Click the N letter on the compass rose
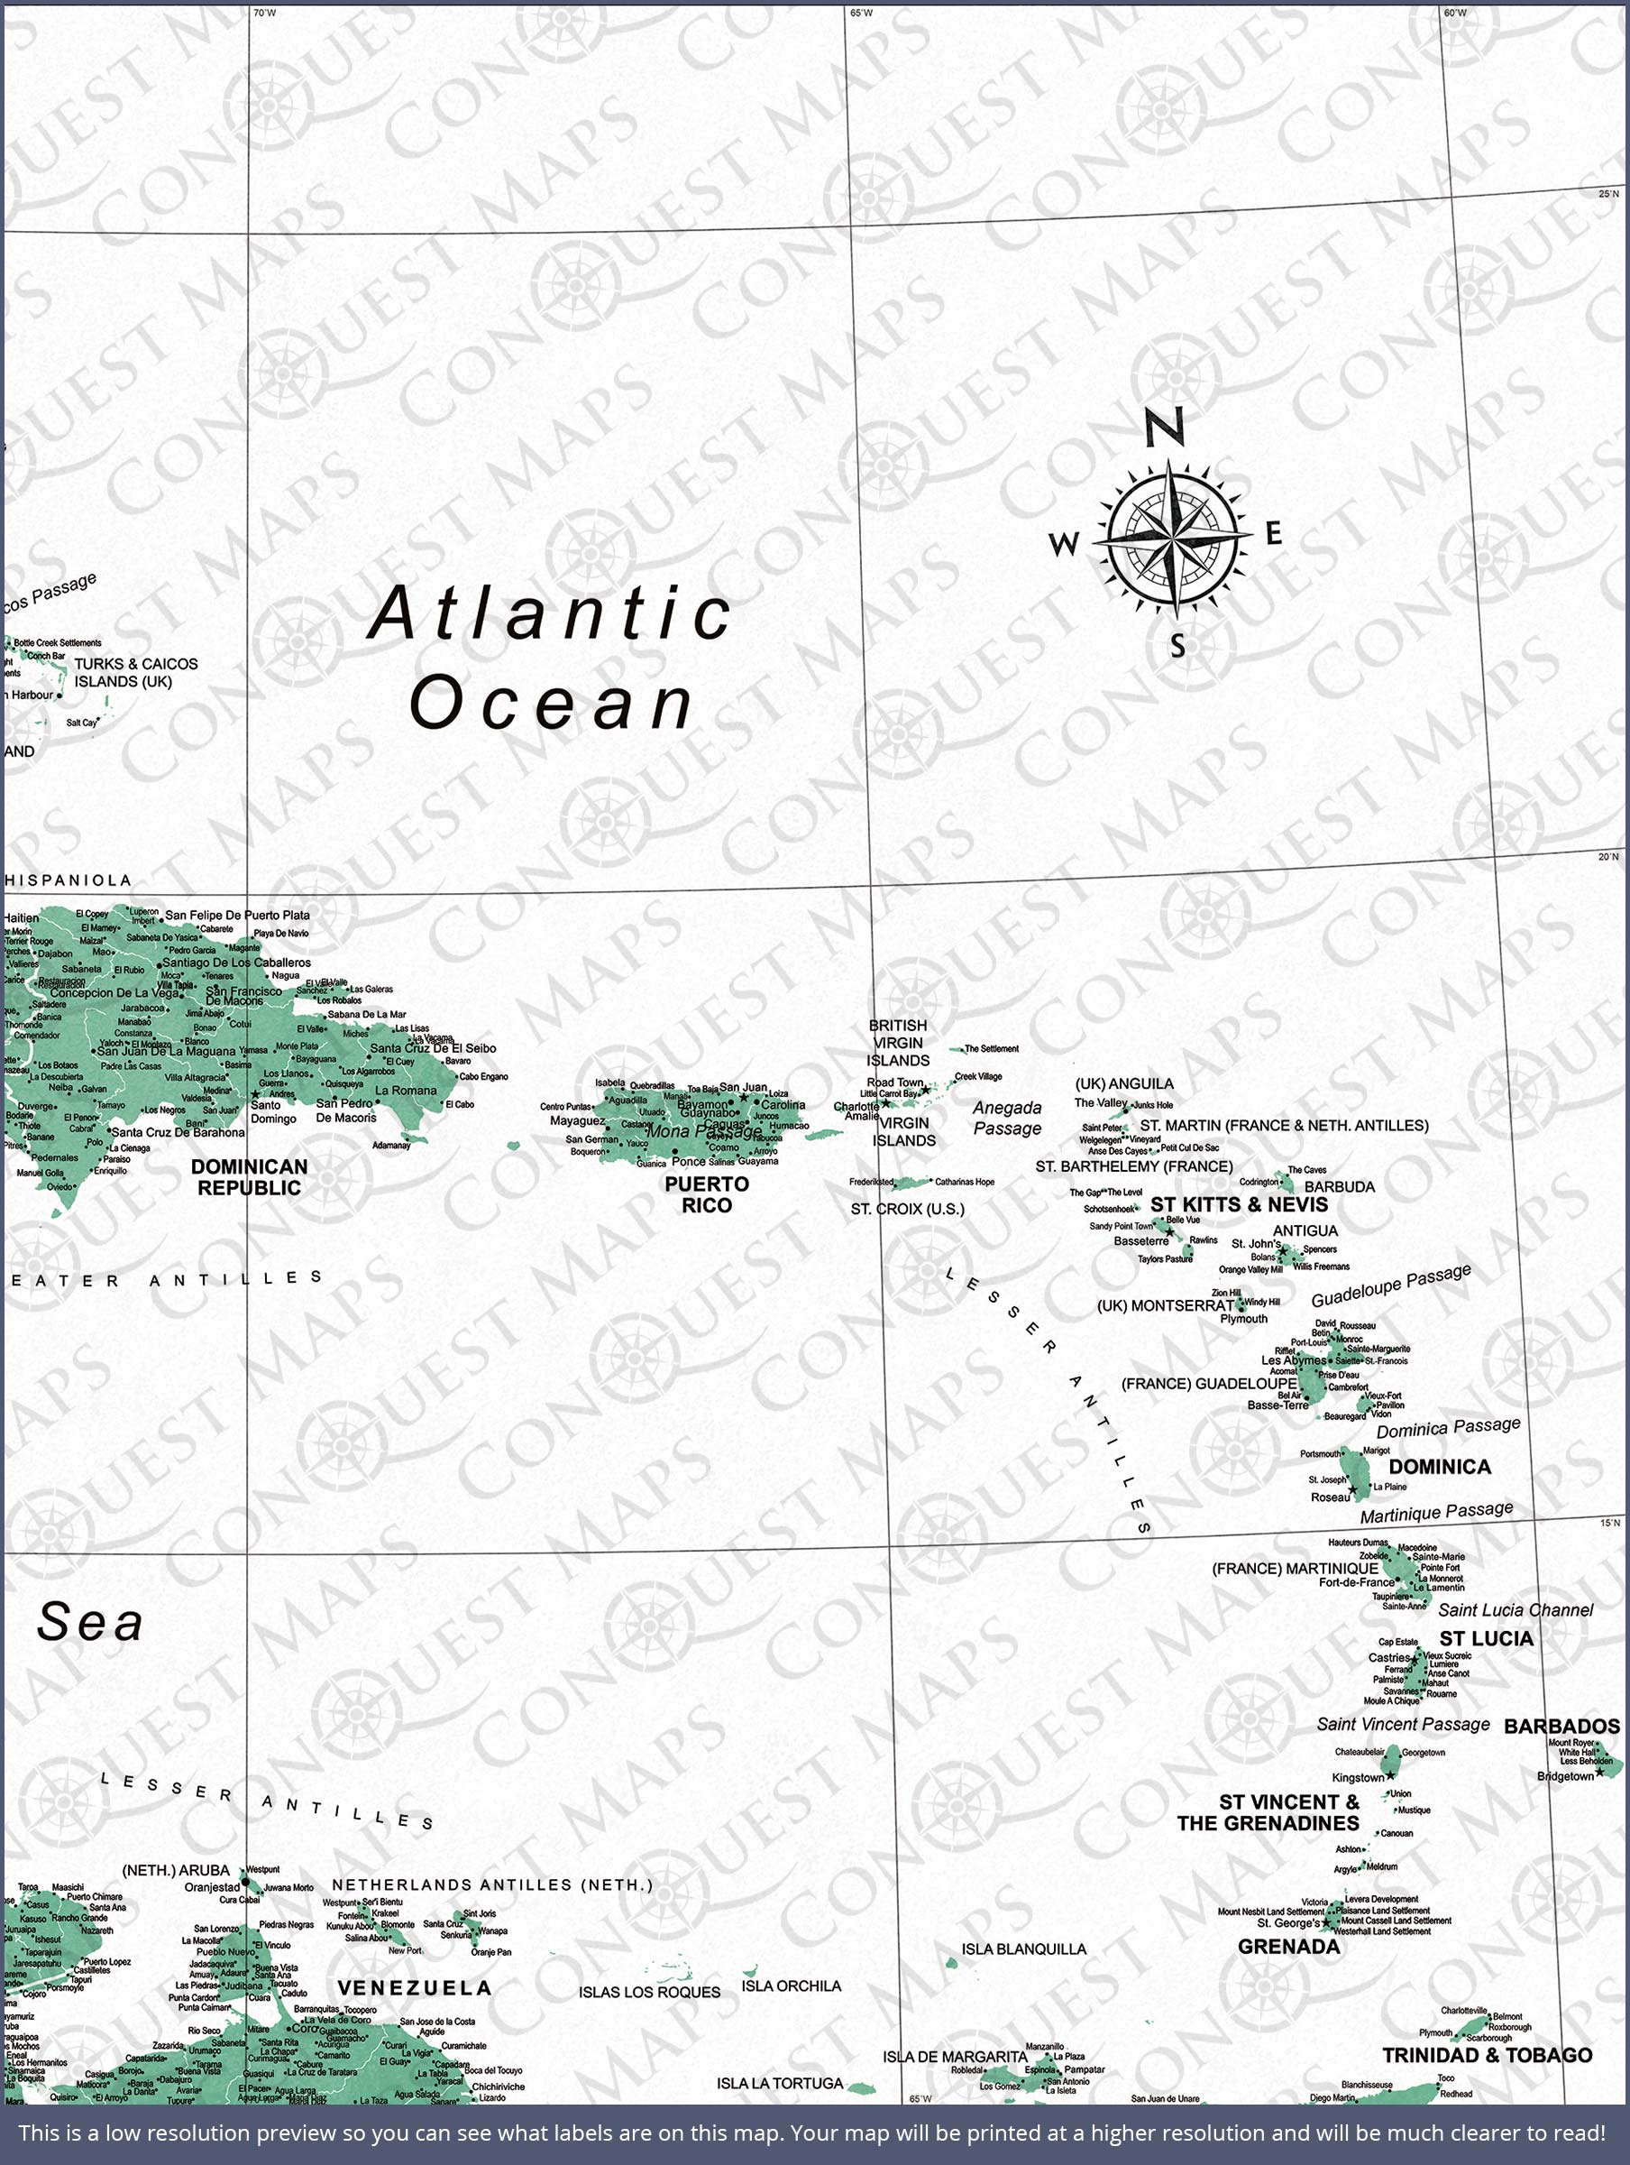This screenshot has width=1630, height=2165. [x=1164, y=428]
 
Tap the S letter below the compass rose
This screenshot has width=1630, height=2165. [x=1178, y=646]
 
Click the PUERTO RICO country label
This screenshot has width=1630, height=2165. [x=707, y=1195]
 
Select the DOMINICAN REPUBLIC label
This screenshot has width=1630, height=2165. [x=249, y=1177]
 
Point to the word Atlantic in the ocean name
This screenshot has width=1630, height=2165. [x=550, y=613]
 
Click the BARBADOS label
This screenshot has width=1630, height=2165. [x=1561, y=1727]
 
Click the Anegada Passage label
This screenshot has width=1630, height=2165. [x=1007, y=1118]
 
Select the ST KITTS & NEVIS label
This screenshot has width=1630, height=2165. [x=1239, y=1205]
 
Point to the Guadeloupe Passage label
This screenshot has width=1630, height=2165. [x=1390, y=1285]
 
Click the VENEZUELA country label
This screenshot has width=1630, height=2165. [x=414, y=1988]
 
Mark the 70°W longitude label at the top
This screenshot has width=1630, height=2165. [x=264, y=13]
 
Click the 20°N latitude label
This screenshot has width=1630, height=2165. [x=1608, y=856]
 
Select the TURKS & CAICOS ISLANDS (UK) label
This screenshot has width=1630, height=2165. [x=135, y=672]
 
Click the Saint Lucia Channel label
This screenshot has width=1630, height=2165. [x=1515, y=1610]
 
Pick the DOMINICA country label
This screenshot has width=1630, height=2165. [x=1439, y=1466]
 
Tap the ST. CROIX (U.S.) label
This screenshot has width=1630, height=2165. [x=907, y=1209]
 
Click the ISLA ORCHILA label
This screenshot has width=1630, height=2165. [x=791, y=1985]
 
